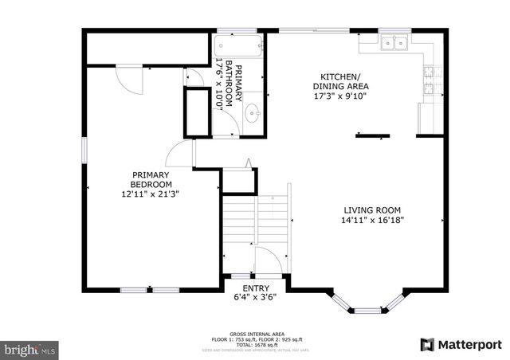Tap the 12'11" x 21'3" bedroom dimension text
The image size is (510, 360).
pos(150,193)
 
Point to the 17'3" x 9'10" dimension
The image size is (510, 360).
pos(340,98)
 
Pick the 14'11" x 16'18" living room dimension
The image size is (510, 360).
pos(367,221)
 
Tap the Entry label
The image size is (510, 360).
pos(256,288)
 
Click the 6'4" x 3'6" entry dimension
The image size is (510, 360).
pos(256,299)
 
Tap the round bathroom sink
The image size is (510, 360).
pos(253,113)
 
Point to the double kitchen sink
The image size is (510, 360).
pos(393,44)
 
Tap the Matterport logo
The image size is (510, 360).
pos(461,344)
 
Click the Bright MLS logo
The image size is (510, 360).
pos(30,349)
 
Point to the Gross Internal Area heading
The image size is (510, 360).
pos(255,333)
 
